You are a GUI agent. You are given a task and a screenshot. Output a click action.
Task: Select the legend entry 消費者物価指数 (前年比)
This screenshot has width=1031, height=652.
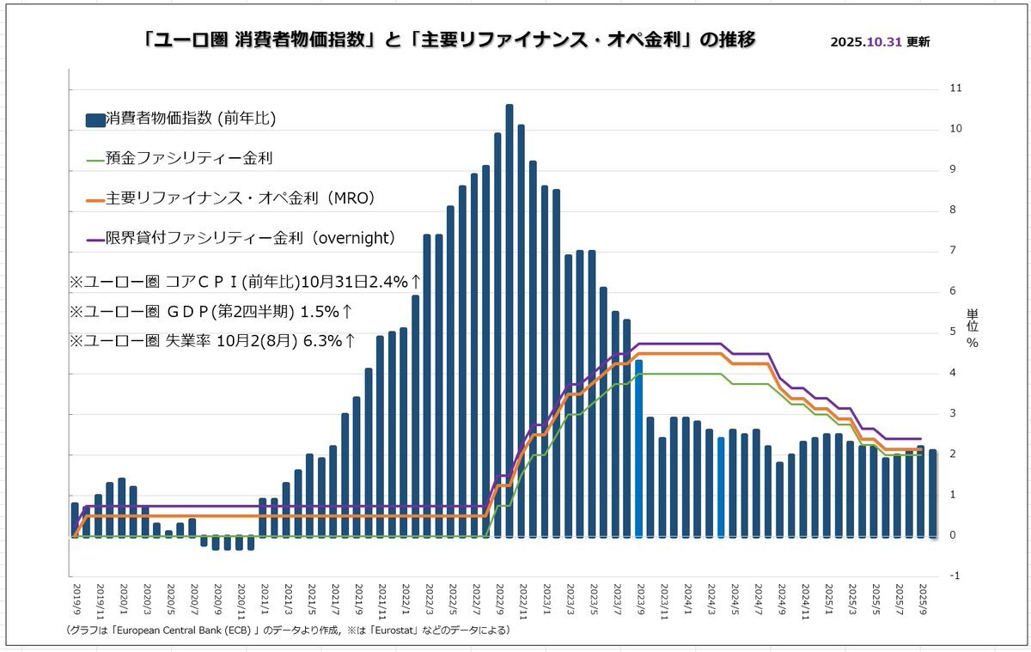coord(180,119)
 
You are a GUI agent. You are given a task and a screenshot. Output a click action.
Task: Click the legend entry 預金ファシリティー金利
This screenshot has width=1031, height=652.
coord(180,159)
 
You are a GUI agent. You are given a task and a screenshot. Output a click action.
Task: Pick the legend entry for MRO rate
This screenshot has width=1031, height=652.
coord(231,198)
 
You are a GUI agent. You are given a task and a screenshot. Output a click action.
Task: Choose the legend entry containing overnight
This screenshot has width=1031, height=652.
coord(241,238)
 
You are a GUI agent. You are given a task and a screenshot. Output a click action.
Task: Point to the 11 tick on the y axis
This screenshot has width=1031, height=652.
coord(955,88)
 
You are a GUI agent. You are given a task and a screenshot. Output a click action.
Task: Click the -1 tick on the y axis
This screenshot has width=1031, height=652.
coord(955,576)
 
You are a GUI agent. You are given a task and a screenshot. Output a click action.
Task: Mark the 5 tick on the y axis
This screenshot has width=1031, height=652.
coord(951,332)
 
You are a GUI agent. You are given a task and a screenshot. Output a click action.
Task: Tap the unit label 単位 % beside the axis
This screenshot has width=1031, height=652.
coord(972,328)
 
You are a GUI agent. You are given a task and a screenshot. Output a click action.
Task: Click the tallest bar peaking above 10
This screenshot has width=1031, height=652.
coord(509,318)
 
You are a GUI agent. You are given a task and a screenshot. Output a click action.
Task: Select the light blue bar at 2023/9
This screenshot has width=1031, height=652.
coord(638,447)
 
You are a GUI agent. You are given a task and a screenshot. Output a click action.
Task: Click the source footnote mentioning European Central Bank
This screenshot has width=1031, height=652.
coord(288,631)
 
